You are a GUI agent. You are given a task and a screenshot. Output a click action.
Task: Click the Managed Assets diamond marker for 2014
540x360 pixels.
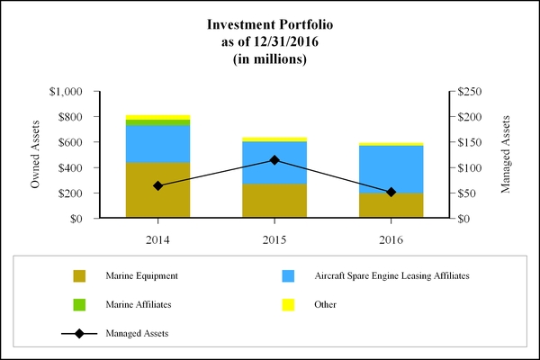click(158, 185)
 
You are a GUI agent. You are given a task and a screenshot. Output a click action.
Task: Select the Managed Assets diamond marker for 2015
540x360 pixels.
click(274, 160)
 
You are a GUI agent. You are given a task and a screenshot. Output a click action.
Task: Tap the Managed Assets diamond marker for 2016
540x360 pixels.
click(391, 192)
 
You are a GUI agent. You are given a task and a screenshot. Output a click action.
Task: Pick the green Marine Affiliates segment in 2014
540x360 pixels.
click(158, 122)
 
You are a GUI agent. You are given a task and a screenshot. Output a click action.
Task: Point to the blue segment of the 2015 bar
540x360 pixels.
click(274, 162)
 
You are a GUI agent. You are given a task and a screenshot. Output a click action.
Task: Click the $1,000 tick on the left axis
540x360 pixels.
click(66, 92)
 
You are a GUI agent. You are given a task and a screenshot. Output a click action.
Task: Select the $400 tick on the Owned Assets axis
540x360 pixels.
click(69, 168)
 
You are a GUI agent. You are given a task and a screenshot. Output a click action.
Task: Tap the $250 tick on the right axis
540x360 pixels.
click(472, 92)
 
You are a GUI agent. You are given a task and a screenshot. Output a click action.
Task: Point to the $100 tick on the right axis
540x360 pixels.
click(472, 168)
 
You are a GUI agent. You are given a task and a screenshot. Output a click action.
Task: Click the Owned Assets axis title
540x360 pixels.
click(37, 155)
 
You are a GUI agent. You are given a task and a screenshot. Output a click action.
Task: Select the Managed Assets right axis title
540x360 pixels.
click(505, 155)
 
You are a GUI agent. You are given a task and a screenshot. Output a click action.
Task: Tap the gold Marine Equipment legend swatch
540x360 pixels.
click(79, 275)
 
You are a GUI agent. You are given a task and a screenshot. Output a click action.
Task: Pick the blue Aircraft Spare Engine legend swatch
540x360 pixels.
click(289, 275)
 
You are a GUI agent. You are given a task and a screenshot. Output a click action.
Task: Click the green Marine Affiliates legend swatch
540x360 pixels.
click(79, 304)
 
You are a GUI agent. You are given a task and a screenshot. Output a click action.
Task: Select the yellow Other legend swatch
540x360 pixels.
click(289, 304)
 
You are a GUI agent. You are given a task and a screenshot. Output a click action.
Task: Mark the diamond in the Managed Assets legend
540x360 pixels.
click(79, 334)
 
